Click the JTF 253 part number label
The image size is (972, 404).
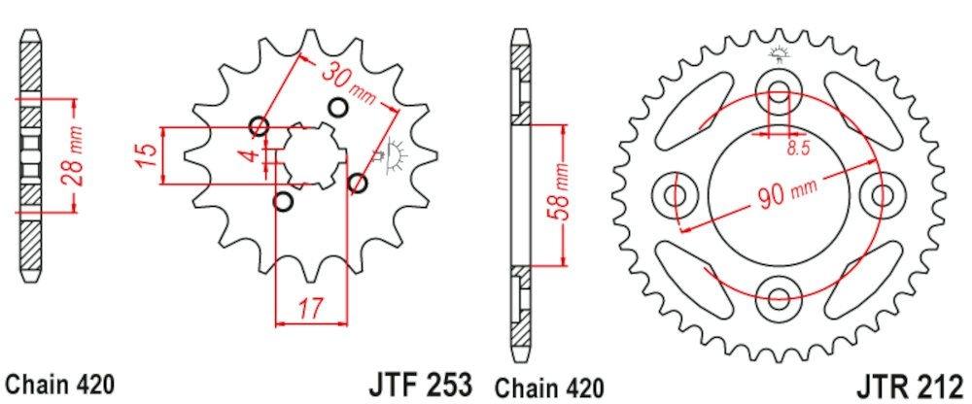pos(421,382)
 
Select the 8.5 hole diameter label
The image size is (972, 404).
pos(796,149)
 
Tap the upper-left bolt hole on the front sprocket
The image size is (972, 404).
pos(259,126)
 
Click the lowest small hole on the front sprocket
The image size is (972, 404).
pos(284,202)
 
